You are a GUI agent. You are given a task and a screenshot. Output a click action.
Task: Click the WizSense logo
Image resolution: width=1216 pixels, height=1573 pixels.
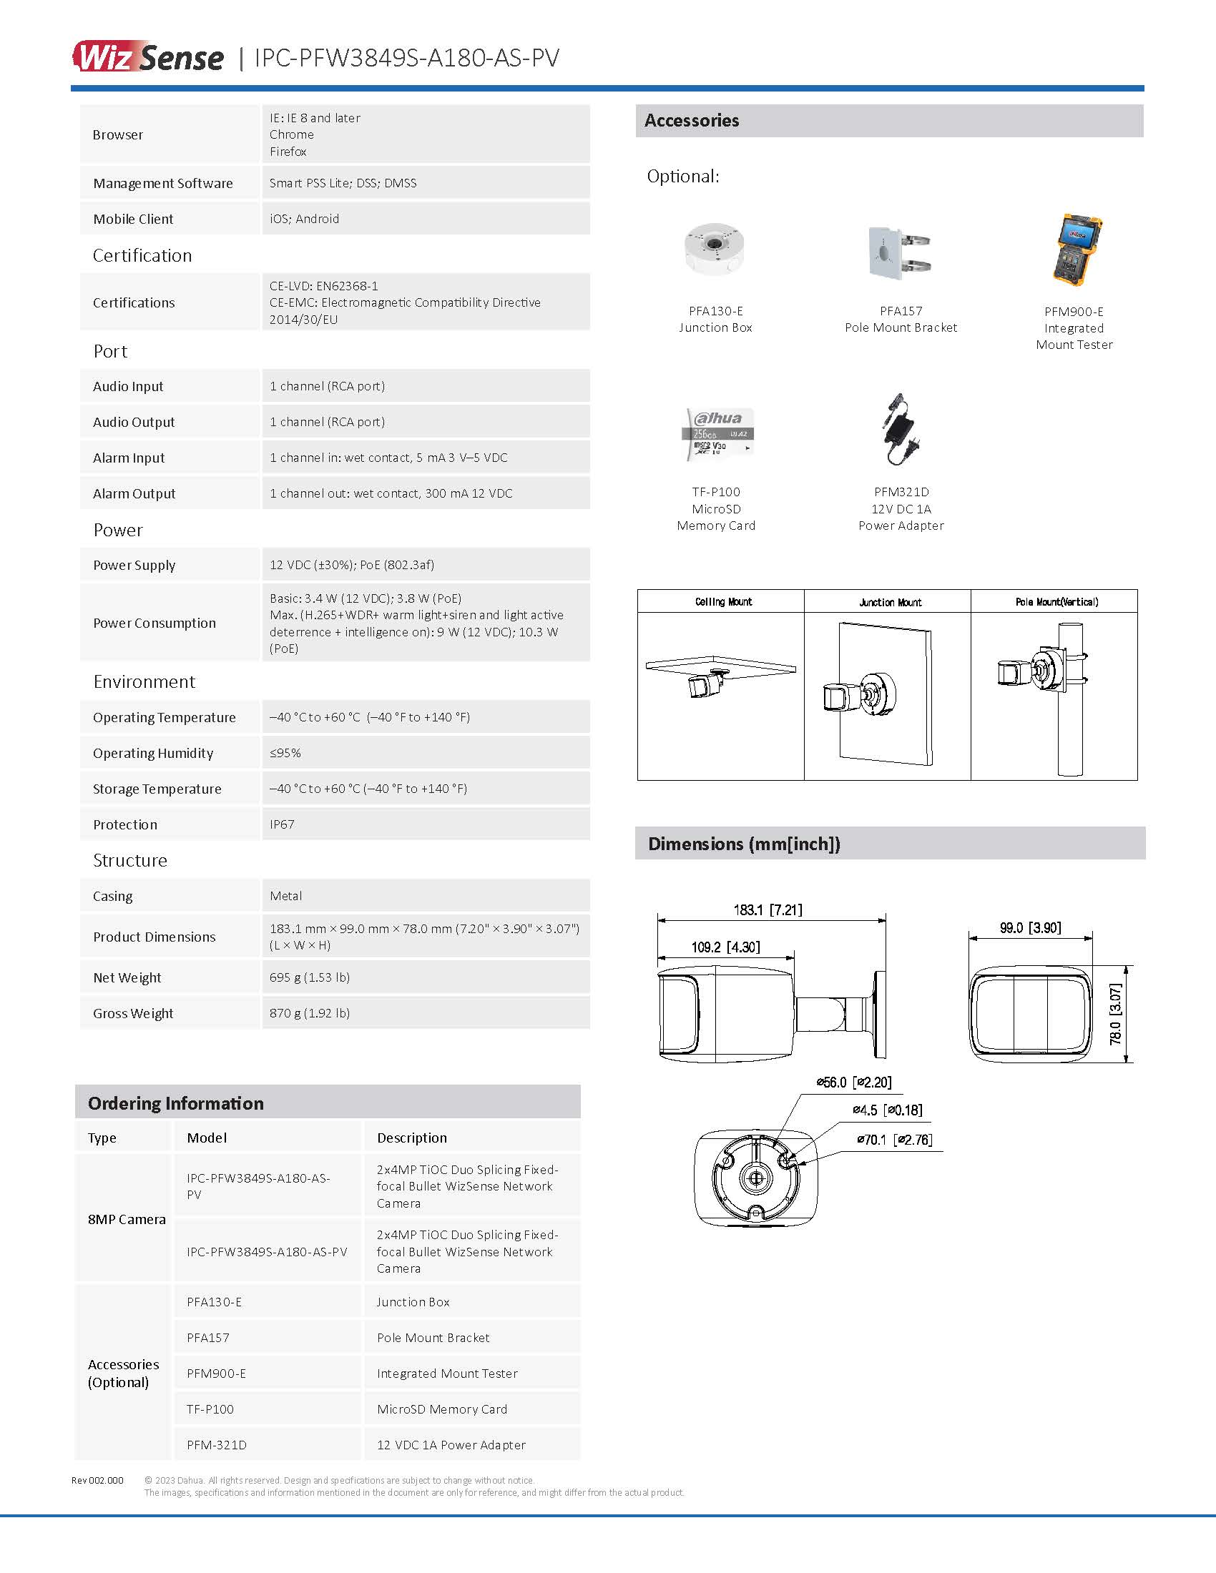pos(147,57)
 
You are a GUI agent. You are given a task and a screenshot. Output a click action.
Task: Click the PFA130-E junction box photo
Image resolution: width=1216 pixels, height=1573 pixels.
pos(714,250)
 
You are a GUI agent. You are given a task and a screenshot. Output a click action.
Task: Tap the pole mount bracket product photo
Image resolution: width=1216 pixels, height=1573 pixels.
pos(899,252)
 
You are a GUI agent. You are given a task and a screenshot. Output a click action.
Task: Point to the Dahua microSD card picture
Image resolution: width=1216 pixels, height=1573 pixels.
pos(717,433)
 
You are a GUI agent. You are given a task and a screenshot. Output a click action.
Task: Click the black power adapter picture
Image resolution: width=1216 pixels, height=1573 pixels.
pos(901,430)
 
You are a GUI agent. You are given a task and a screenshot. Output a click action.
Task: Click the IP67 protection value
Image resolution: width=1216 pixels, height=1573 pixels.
pos(282,824)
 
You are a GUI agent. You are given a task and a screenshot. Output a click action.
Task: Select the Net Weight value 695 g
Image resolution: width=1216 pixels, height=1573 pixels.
pos(310,977)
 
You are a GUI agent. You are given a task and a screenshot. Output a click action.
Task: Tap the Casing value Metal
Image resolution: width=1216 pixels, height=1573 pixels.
pos(285,895)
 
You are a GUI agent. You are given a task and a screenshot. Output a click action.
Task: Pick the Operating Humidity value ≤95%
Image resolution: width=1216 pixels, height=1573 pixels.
pos(285,753)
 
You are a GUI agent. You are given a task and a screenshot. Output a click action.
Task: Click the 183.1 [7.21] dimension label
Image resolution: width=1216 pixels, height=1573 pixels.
pos(768,909)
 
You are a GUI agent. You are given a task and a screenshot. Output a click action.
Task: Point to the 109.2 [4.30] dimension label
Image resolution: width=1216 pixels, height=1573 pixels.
pos(725,947)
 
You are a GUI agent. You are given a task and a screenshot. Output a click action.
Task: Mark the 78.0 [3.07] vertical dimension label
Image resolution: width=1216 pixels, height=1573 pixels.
pos(1115,1014)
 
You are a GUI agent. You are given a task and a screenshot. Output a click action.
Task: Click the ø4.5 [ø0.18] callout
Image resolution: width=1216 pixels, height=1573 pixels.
pos(887,1110)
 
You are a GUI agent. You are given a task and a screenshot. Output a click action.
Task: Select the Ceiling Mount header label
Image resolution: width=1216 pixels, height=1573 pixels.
pos(723,601)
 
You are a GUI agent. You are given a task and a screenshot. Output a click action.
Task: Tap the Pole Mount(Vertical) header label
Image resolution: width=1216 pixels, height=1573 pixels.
pos(1056,601)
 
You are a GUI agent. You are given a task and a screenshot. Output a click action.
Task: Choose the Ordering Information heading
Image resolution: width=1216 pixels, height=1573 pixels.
pos(176,1103)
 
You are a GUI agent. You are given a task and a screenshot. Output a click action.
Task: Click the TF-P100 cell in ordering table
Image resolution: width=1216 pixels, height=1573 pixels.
pos(210,1409)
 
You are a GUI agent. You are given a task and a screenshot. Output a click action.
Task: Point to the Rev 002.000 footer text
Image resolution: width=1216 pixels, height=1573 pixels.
pos(97,1480)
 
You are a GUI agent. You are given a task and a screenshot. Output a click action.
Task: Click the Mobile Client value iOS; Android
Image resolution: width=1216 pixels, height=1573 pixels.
pos(304,218)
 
